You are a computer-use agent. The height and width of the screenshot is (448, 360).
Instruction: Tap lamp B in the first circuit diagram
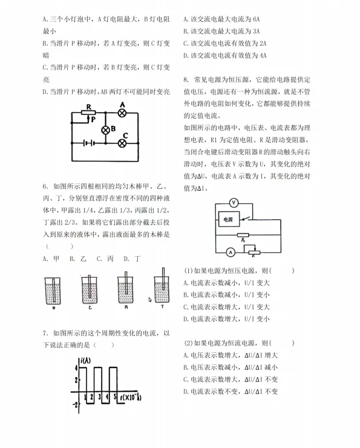(x=105, y=130)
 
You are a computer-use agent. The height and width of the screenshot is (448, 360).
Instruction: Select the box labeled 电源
(x=229, y=219)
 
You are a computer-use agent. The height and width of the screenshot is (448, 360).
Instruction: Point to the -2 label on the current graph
(x=74, y=404)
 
